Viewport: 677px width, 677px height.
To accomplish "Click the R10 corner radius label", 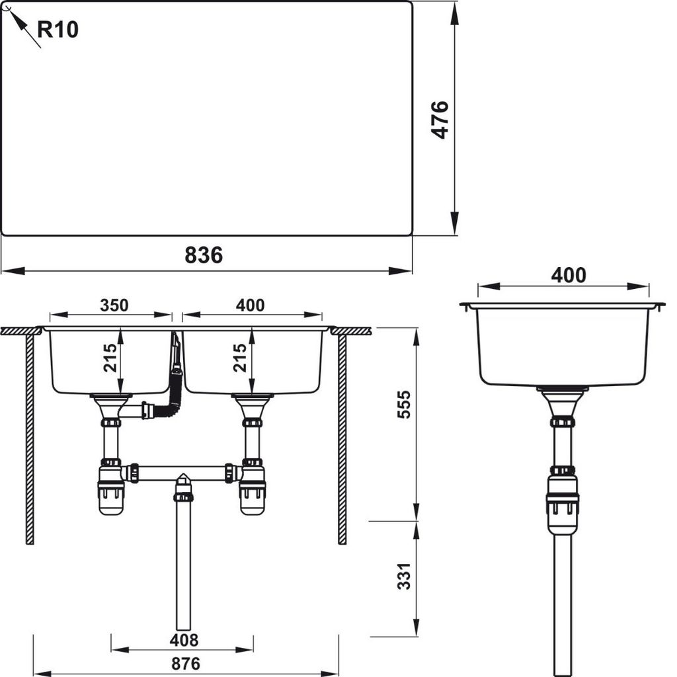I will tap(58, 29).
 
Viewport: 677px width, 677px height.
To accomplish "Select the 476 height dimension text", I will tap(440, 120).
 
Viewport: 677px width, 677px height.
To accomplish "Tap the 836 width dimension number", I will tap(204, 255).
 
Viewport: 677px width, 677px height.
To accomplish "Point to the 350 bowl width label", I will tap(114, 305).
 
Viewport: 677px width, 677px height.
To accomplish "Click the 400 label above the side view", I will tap(569, 275).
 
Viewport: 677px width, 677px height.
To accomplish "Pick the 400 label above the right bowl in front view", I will tap(251, 305).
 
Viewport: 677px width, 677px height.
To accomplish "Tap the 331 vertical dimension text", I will tap(404, 577).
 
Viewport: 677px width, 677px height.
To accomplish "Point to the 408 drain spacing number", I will tap(184, 640).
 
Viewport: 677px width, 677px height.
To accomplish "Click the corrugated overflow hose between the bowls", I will tap(175, 383).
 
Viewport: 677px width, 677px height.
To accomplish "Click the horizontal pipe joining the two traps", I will tap(182, 472).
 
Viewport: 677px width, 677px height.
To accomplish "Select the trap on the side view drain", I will tap(563, 499).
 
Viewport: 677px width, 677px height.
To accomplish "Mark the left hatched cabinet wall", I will tap(30, 436).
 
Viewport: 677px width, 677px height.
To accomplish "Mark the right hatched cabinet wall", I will tap(342, 436).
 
